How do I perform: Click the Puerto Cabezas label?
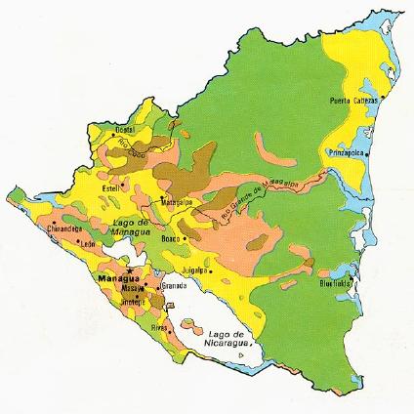[x=352, y=100]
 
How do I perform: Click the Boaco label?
[x=172, y=238]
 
